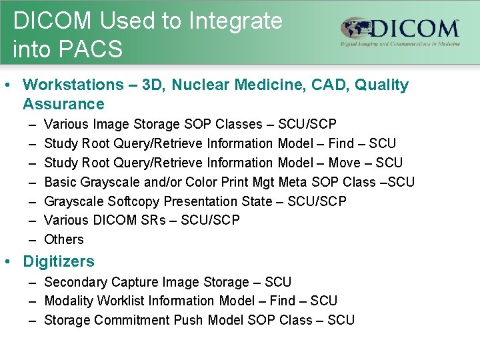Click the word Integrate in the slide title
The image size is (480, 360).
tap(236, 21)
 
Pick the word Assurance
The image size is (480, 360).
tap(63, 104)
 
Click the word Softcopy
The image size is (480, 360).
tap(133, 201)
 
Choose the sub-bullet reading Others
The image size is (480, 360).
tap(64, 239)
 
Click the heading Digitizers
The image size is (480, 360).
tap(59, 261)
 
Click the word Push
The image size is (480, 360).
tap(189, 320)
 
